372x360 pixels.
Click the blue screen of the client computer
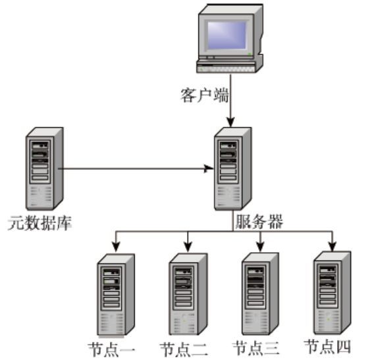pos(226,36)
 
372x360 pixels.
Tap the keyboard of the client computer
pos(226,67)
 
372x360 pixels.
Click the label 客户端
pos(205,95)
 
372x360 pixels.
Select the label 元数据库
pos(40,223)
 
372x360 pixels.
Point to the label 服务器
pos(259,222)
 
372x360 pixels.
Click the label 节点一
pos(111,349)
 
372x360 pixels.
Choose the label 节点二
pos(184,349)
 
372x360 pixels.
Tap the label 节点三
pos(256,347)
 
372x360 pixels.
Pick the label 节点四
pos(328,346)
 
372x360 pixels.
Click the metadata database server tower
pos(44,168)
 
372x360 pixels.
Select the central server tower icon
pos(232,168)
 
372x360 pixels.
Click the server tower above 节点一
pos(116,295)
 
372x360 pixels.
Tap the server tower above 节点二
pos(188,294)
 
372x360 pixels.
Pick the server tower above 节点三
pos(260,294)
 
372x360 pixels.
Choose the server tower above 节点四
pos(332,293)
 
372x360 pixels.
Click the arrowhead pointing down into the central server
pos(230,122)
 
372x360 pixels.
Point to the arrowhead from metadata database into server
pos(209,169)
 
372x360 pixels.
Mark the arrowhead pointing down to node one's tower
pos(116,247)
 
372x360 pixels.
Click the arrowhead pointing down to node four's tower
pos(332,246)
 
